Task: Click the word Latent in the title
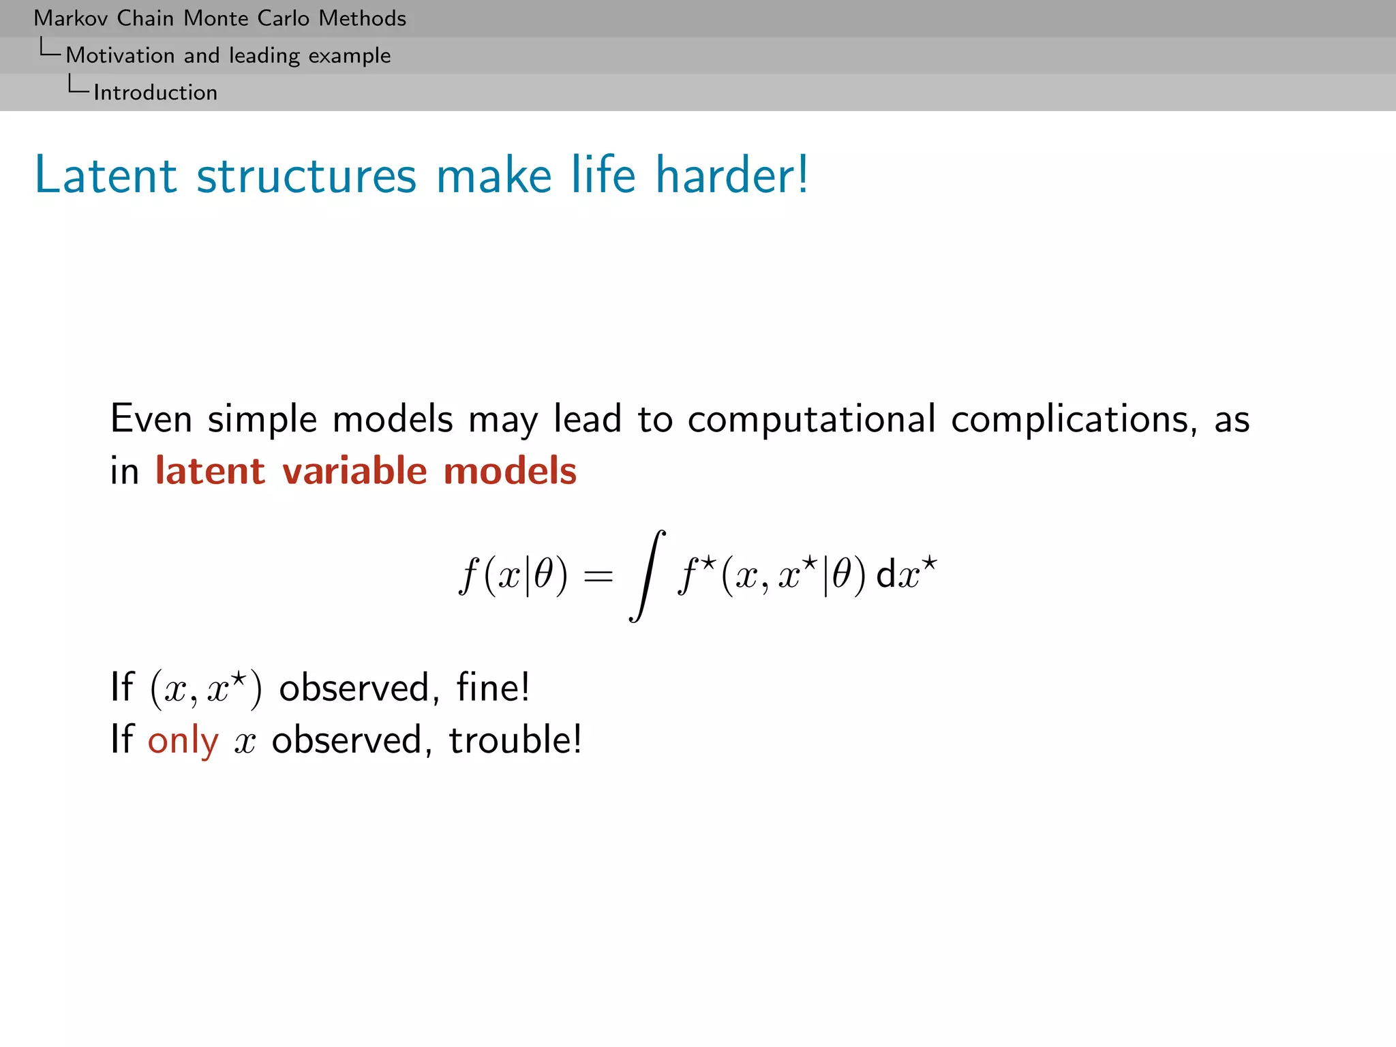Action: tap(106, 175)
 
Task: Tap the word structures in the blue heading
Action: tap(306, 175)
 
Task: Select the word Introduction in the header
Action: tap(155, 93)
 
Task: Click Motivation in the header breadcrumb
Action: tap(120, 55)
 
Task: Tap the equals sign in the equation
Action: tap(598, 577)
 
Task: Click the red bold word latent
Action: tap(210, 471)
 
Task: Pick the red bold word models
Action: tap(510, 471)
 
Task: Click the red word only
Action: tap(183, 741)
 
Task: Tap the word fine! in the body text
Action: tap(493, 687)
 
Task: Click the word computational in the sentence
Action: tap(811, 419)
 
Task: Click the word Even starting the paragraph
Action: tap(151, 419)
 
